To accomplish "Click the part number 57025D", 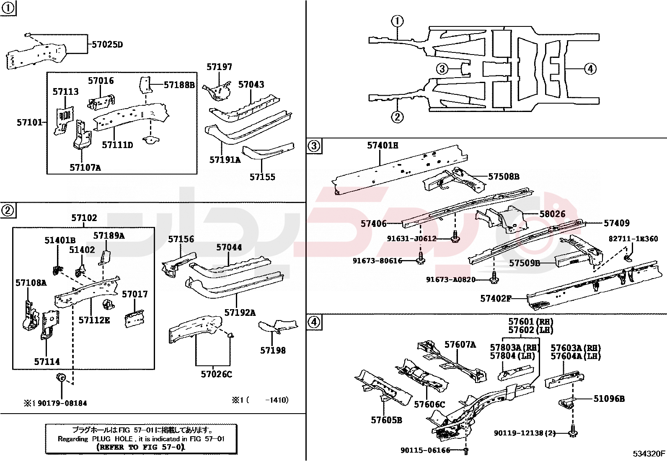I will pyautogui.click(x=107, y=44).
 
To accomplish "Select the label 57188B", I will pyautogui.click(x=179, y=85).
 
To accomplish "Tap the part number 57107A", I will pyautogui.click(x=85, y=168).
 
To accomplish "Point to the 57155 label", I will pyautogui.click(x=262, y=177).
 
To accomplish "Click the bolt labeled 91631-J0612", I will pyautogui.click(x=455, y=238).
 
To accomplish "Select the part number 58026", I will pyautogui.click(x=552, y=214).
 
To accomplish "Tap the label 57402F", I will pyautogui.click(x=496, y=299).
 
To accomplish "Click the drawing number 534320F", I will pyautogui.click(x=649, y=453).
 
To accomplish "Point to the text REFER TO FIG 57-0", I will pyautogui.click(x=141, y=447).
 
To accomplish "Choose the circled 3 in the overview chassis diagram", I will pyautogui.click(x=442, y=69).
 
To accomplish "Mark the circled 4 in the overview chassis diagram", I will pyautogui.click(x=590, y=69).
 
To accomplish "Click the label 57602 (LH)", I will pyautogui.click(x=530, y=330).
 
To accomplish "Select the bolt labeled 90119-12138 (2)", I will pyautogui.click(x=572, y=432).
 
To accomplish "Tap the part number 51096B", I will pyautogui.click(x=609, y=399).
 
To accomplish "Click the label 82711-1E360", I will pyautogui.click(x=633, y=239).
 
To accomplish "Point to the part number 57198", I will pyautogui.click(x=273, y=350).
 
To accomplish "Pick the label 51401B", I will pyautogui.click(x=60, y=240).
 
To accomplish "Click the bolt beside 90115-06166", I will pyautogui.click(x=466, y=451).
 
